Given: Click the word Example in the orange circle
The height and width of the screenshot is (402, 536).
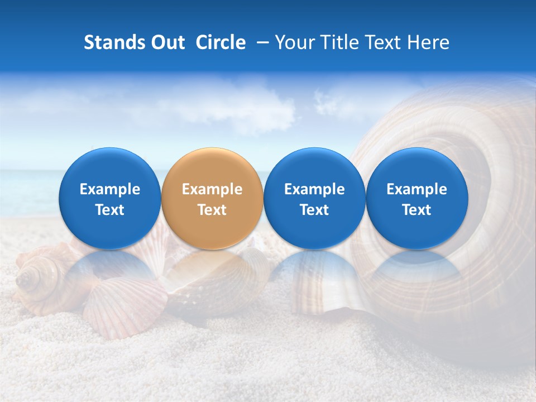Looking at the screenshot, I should pos(212,189).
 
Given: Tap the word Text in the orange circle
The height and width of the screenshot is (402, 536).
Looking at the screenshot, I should pos(212,210).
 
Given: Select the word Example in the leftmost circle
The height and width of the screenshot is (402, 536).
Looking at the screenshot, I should pos(110,189).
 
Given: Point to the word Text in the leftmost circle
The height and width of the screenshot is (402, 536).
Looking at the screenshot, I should pos(110,210).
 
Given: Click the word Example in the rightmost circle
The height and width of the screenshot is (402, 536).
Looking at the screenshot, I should pos(417,189).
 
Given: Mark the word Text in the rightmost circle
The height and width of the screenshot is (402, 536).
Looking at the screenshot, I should pos(417,210).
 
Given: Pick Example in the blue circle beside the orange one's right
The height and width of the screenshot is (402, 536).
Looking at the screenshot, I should pos(314,189).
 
